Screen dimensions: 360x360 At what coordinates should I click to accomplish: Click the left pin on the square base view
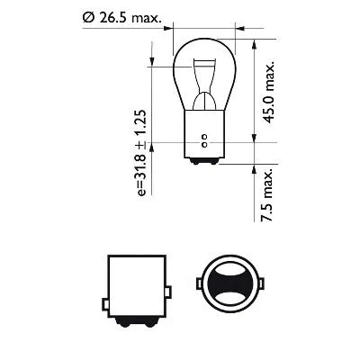click(x=106, y=292)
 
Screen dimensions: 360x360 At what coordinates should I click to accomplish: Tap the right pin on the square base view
click(x=170, y=292)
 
